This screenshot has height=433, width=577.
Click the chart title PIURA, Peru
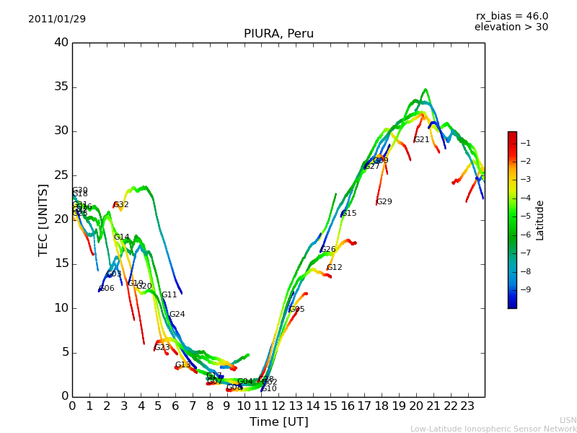coord(278,34)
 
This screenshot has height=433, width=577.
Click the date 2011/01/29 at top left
coord(57,19)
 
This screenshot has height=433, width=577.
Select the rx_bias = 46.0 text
coord(511,16)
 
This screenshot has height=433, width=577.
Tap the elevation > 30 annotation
coord(511,27)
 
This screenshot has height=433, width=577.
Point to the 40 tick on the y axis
coord(61,43)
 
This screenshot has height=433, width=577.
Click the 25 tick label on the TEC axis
coord(61,175)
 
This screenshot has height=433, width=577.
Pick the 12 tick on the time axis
coord(278,406)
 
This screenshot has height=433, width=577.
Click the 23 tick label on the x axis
coord(467,406)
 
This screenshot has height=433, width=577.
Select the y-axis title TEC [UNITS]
coord(43,219)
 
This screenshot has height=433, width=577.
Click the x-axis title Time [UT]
coord(278,421)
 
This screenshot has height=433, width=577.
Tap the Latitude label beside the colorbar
coord(539,219)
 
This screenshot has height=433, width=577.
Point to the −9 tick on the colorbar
coord(526,289)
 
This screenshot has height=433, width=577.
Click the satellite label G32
coord(121,205)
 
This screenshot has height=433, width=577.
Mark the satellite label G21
coord(422,140)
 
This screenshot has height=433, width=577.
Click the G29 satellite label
coord(384,202)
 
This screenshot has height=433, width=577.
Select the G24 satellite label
coord(177,315)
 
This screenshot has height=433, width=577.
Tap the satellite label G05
coord(297,310)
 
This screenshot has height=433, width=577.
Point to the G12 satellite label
coord(335,268)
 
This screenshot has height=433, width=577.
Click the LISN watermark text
coord(568,420)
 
